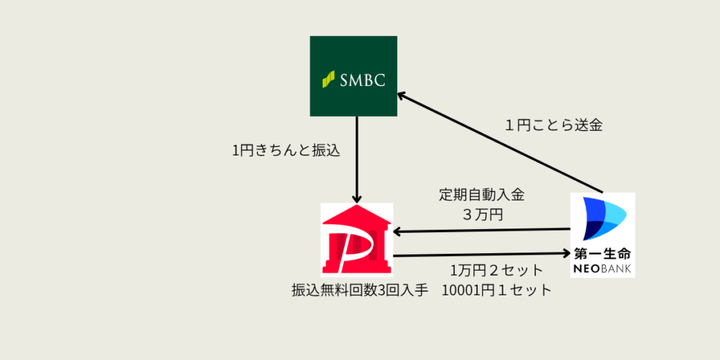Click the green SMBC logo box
coord(353,76)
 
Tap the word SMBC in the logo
coord(363,79)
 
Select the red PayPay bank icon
coord(356,239)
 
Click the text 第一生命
coord(602,252)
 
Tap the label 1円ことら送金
coord(553,126)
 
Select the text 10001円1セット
coord(497,290)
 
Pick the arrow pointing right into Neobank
coord(481,254)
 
